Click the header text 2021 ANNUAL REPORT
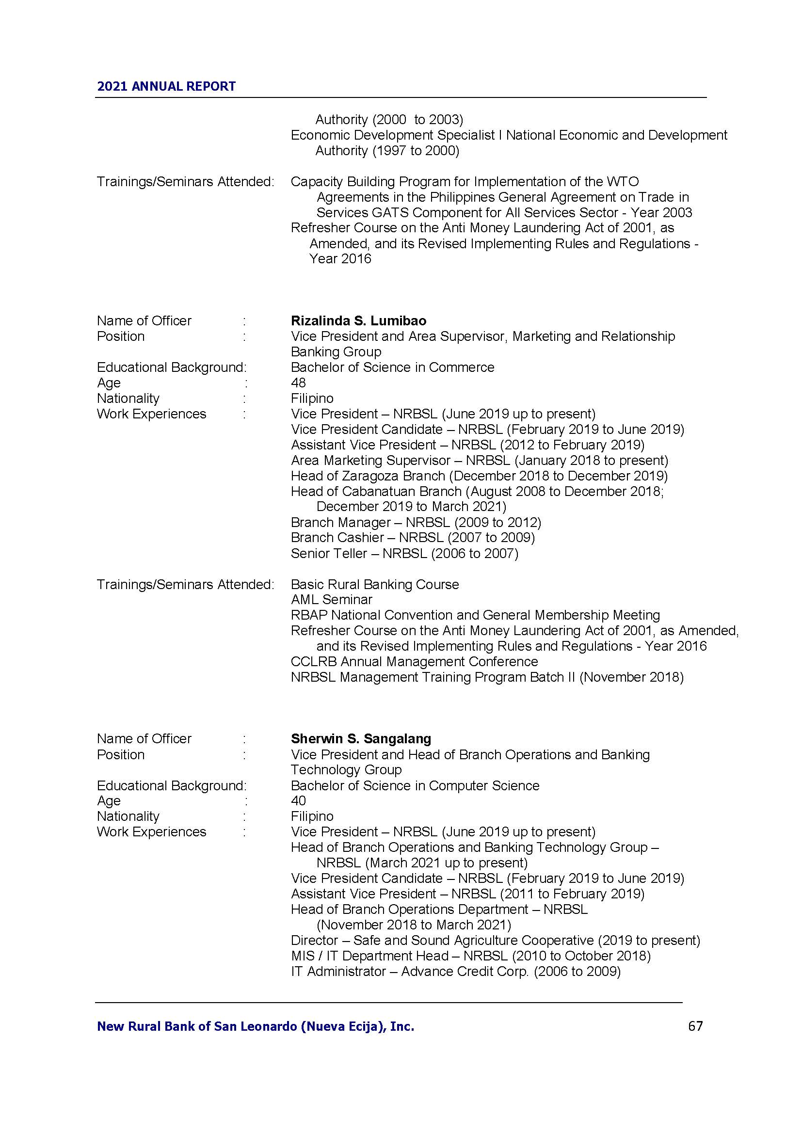click(x=166, y=86)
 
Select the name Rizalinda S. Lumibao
click(x=358, y=320)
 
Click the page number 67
click(x=695, y=1026)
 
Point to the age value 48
click(x=298, y=383)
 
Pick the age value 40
click(x=298, y=800)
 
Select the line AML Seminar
click(x=331, y=600)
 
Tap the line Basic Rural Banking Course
click(x=374, y=584)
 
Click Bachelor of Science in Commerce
click(x=392, y=367)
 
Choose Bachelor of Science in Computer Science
click(x=415, y=785)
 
